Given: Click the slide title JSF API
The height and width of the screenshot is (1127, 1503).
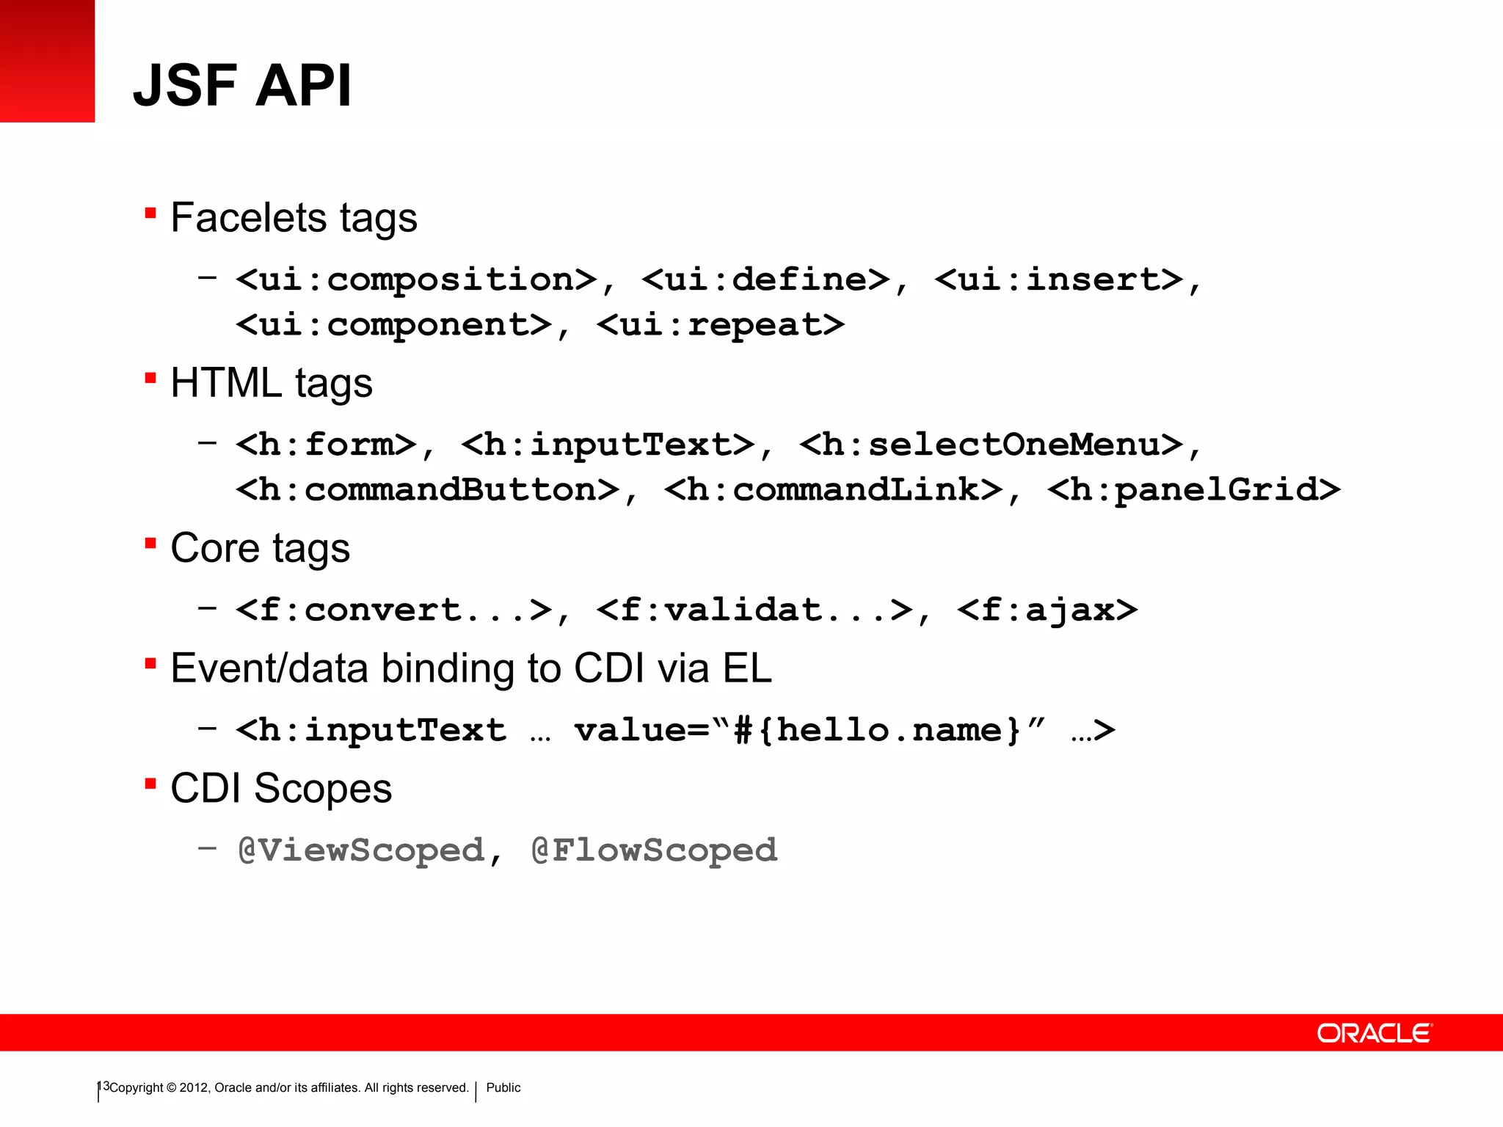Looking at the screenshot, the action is click(x=242, y=85).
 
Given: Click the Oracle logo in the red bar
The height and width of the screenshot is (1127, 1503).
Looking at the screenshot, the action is click(x=1374, y=1033).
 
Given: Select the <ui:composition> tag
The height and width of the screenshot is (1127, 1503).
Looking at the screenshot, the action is click(x=416, y=280).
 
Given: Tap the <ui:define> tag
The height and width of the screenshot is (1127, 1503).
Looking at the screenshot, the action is click(x=765, y=280).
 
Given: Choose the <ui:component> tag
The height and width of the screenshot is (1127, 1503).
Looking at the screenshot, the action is click(x=394, y=325).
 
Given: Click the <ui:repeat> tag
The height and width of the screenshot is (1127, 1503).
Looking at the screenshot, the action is click(x=721, y=325).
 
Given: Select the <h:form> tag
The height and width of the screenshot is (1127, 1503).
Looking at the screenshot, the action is click(x=327, y=445).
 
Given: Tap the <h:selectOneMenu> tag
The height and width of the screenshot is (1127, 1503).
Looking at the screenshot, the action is click(x=991, y=445).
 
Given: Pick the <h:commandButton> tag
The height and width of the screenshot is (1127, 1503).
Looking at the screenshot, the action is click(x=428, y=490).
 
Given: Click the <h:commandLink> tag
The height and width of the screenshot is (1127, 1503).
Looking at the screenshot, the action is click(x=834, y=490).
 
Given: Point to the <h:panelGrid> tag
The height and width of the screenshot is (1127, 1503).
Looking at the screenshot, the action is click(x=1194, y=490).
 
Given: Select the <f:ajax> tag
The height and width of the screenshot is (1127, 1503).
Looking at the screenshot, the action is click(x=1047, y=610).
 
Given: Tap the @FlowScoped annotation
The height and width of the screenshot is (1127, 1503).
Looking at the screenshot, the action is click(x=654, y=850).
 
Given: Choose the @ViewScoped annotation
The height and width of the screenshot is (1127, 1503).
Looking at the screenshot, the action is click(x=361, y=850).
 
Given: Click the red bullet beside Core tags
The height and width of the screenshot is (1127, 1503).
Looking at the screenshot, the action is click(x=150, y=544).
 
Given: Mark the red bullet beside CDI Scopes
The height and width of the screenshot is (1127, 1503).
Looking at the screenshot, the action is click(x=150, y=784).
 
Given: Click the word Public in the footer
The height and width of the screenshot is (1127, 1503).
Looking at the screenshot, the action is click(x=503, y=1087).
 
